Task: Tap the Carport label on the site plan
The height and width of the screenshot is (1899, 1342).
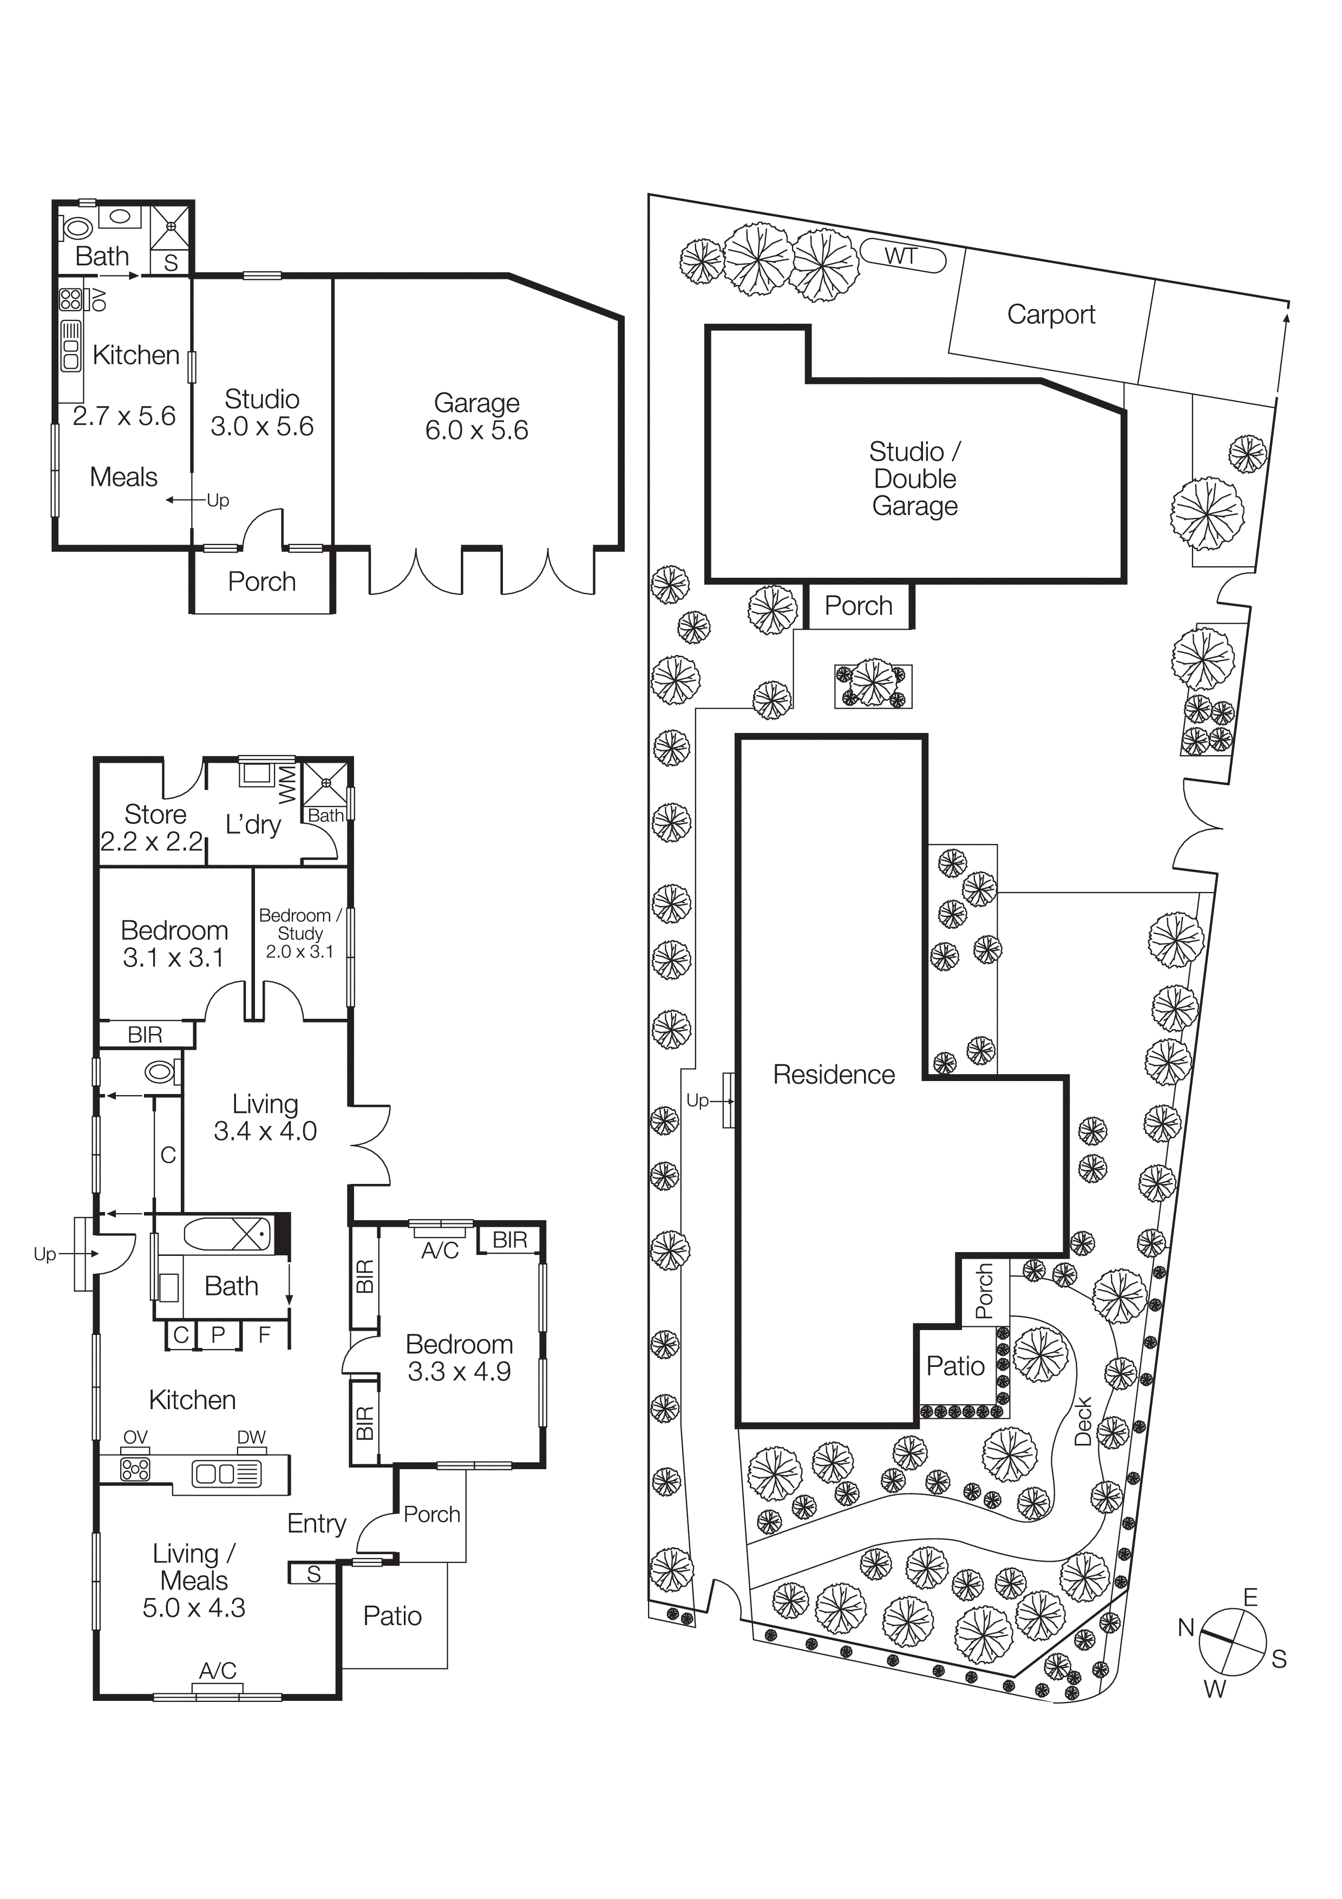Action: pyautogui.click(x=1050, y=315)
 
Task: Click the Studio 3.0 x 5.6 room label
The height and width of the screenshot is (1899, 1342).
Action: pyautogui.click(x=261, y=412)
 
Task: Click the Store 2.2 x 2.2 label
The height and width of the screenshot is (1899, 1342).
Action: pyautogui.click(x=154, y=827)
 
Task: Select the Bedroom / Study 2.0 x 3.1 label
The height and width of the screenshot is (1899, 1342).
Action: pyautogui.click(x=299, y=933)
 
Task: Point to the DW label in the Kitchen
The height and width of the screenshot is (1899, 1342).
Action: pyautogui.click(x=251, y=1437)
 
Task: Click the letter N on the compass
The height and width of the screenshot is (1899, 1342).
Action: pyautogui.click(x=1186, y=1628)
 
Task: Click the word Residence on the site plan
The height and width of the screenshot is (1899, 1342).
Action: pyautogui.click(x=834, y=1075)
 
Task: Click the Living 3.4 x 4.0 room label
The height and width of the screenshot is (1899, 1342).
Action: pyautogui.click(x=265, y=1117)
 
